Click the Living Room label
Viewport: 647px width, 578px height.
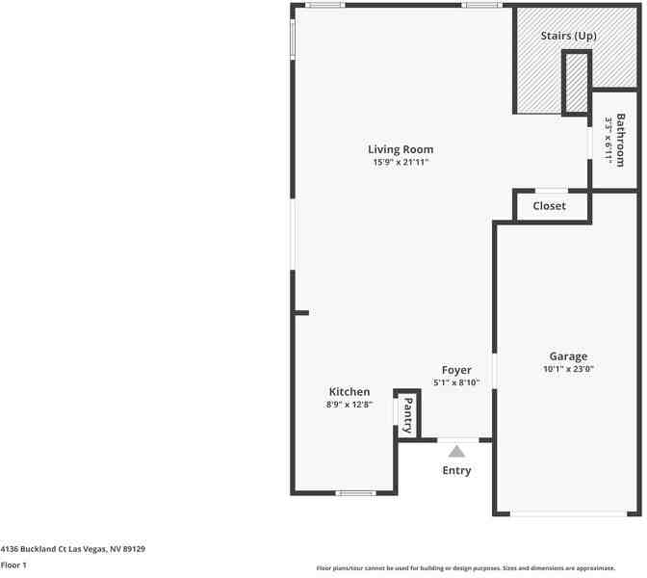click(x=401, y=149)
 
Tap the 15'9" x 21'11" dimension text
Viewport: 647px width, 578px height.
click(x=401, y=163)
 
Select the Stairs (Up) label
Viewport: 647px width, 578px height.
click(x=567, y=36)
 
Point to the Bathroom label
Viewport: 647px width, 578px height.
click(x=621, y=140)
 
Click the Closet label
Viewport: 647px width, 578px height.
click(x=549, y=206)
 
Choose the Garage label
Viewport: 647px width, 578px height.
click(x=568, y=356)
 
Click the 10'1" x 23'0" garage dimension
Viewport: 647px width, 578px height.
click(x=568, y=370)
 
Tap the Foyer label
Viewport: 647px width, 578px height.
click(x=456, y=370)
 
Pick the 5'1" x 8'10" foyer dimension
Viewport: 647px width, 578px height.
click(x=456, y=383)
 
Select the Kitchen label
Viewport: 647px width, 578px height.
click(x=349, y=392)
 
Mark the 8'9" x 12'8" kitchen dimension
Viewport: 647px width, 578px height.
click(x=349, y=406)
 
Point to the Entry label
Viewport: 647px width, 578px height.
click(x=456, y=471)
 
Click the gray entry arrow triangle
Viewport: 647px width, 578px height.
click(x=457, y=450)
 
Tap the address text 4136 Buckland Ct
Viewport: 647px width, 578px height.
click(x=72, y=549)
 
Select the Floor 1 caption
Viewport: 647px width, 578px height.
click(x=13, y=565)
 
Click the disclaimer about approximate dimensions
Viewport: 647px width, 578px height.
click(x=479, y=568)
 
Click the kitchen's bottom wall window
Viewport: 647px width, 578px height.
click(x=355, y=493)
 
